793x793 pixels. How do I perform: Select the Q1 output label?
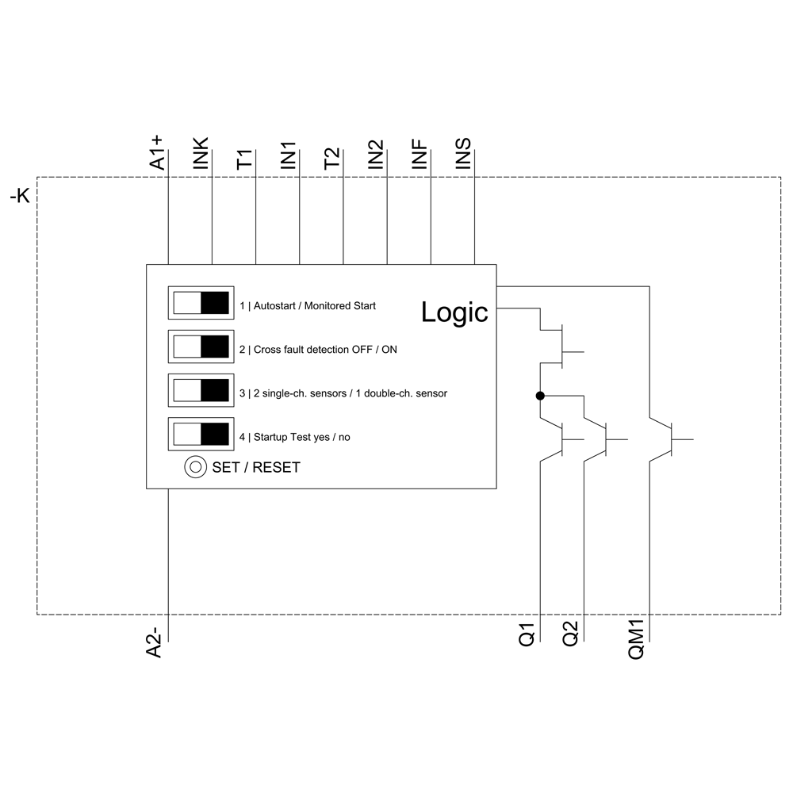tap(527, 635)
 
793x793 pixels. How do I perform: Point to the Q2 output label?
tap(571, 635)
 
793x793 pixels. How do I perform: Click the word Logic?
tap(454, 312)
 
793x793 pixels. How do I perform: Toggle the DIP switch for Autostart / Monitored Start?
tap(201, 303)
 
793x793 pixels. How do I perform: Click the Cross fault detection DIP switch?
tap(201, 347)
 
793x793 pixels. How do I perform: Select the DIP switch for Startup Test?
tap(201, 434)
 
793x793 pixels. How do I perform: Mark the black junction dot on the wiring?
tap(540, 395)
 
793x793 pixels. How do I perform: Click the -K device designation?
tap(19, 195)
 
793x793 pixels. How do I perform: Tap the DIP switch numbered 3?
tap(201, 390)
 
